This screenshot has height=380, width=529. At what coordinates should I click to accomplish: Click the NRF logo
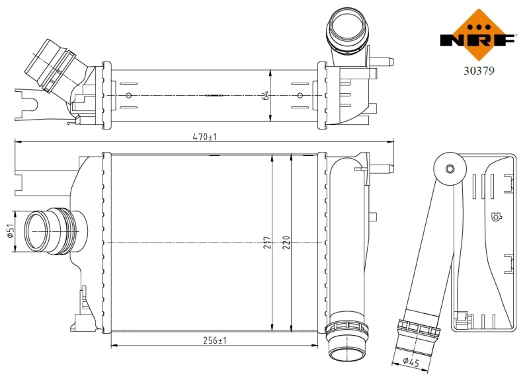coord(477,33)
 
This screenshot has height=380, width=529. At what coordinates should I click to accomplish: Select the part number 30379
coord(478,68)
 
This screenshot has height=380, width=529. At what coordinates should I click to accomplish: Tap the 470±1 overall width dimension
coord(204,137)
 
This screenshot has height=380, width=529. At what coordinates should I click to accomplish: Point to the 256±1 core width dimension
coord(213,340)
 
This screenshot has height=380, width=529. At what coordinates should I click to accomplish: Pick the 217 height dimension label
coord(266,243)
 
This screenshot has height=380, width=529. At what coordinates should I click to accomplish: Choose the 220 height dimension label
coord(286,243)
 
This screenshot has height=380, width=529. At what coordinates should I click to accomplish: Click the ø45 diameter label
coord(411,361)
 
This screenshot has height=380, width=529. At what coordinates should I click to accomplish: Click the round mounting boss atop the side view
coord(450,169)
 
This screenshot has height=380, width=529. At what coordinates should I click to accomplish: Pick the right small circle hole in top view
coord(300,95)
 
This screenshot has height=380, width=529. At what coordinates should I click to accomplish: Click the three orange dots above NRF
coord(477,26)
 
